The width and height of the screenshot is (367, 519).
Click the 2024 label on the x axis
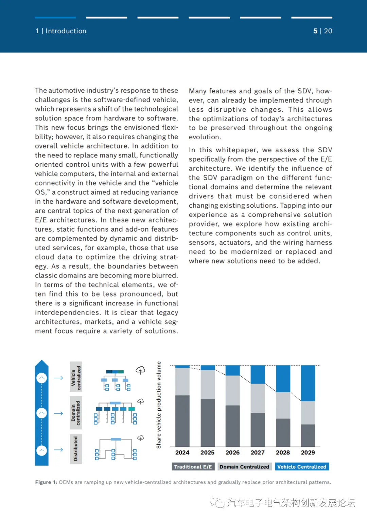tap(182, 452)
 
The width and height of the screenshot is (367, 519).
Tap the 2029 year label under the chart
tap(308, 452)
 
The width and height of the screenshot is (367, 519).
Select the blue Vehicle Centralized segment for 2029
tap(308, 383)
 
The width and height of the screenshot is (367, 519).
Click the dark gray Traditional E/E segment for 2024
tap(182, 421)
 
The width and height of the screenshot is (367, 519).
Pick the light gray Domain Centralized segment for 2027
tap(258, 398)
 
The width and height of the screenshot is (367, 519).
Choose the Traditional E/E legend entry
tap(193, 467)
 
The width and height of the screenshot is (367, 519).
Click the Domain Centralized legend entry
tap(244, 467)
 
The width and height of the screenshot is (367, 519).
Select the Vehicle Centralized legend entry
tap(302, 467)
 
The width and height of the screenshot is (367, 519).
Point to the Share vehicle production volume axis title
tap(159, 405)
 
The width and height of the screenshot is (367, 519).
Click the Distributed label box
tap(76, 449)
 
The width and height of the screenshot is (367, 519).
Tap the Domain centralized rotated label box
tap(76, 413)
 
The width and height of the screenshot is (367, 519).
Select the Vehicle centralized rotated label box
tap(76, 377)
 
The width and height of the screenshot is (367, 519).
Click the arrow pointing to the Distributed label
tap(58, 450)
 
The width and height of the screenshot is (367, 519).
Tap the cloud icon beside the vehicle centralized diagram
tap(140, 370)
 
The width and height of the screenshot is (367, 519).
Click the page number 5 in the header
tap(315, 31)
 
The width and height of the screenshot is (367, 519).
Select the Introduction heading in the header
tap(66, 31)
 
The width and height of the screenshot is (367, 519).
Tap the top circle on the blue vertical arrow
tap(42, 378)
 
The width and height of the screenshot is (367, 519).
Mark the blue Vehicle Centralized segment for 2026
tap(232, 370)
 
